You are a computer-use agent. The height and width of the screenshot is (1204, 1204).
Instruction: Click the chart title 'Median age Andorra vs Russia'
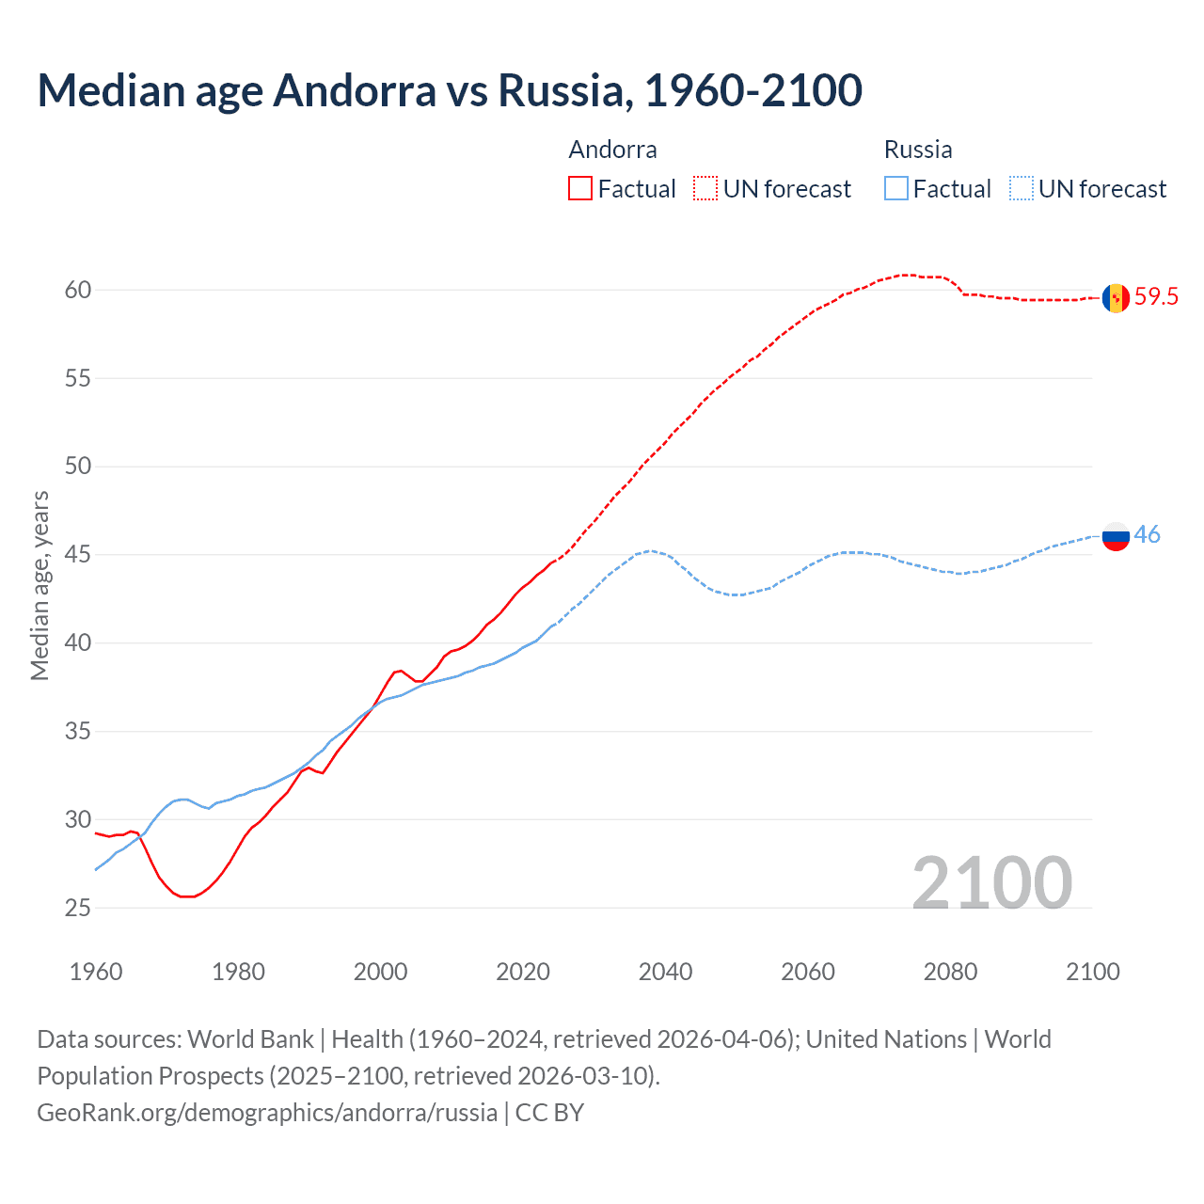click(450, 90)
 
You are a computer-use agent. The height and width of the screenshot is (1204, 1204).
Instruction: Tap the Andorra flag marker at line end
click(1116, 297)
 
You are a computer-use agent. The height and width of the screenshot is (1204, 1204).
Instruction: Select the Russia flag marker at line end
click(1116, 535)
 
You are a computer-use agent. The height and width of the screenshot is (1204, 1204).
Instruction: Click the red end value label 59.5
click(1156, 297)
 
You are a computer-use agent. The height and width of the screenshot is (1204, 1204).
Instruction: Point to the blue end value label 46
click(1147, 535)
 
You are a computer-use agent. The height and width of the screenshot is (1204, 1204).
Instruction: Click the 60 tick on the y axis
click(78, 290)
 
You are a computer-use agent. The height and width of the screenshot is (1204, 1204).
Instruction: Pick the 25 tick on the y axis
click(78, 908)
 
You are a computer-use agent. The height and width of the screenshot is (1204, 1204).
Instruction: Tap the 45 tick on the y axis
click(78, 555)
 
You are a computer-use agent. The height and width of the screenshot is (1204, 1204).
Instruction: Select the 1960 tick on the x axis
click(96, 972)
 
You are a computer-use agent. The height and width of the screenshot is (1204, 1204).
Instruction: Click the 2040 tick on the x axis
click(665, 972)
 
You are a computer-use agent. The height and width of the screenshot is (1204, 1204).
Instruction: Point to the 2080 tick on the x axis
click(950, 972)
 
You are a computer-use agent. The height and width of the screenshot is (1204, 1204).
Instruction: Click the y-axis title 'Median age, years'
click(40, 585)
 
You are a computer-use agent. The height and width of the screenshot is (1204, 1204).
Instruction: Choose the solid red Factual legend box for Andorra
click(580, 189)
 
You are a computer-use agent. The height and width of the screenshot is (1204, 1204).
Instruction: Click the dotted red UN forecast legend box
click(705, 189)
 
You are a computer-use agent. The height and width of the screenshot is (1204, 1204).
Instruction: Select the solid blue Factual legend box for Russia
click(896, 189)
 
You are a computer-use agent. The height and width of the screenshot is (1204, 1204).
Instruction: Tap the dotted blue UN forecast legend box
click(1022, 189)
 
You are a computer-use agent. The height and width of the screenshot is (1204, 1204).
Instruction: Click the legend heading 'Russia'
click(918, 150)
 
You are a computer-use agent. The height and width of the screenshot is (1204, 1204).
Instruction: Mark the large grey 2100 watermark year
click(992, 883)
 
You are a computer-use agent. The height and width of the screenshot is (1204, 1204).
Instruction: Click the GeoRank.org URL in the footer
click(267, 1113)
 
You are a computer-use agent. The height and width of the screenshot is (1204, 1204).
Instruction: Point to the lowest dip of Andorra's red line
click(186, 896)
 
